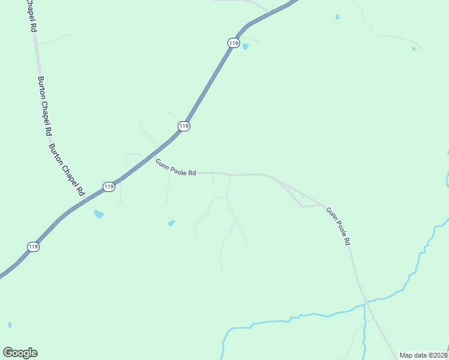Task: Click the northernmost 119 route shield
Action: pyautogui.click(x=234, y=43)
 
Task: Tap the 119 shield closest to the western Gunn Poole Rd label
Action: pyautogui.click(x=184, y=126)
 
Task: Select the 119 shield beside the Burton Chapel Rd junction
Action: pyautogui.click(x=108, y=187)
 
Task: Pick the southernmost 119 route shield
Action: pyautogui.click(x=33, y=247)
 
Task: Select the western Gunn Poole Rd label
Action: pyautogui.click(x=176, y=167)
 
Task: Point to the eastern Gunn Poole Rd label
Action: pyautogui.click(x=338, y=227)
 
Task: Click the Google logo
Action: pyautogui.click(x=20, y=353)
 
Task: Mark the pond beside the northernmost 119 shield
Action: pyautogui.click(x=245, y=46)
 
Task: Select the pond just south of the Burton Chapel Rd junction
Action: pyautogui.click(x=98, y=214)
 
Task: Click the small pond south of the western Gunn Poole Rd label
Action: pyautogui.click(x=172, y=223)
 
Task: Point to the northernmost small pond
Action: pyautogui.click(x=337, y=16)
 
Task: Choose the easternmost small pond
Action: pyautogui.click(x=413, y=48)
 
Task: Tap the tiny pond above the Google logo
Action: pyautogui.click(x=10, y=325)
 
